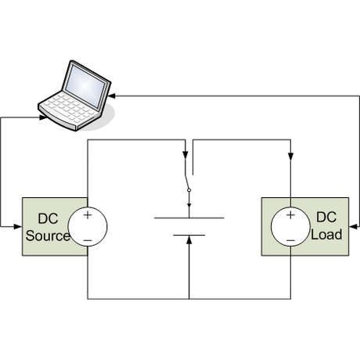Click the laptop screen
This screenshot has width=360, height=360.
pyautogui.click(x=85, y=85)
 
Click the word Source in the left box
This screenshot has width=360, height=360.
pyautogui.click(x=48, y=236)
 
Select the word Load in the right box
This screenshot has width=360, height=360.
pyautogui.click(x=326, y=234)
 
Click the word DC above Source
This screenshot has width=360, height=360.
pyautogui.click(x=48, y=218)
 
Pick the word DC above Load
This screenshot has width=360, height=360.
pyautogui.click(x=326, y=217)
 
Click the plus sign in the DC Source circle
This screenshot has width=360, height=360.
pyautogui.click(x=88, y=215)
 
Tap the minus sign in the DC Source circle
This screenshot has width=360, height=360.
pyautogui.click(x=88, y=240)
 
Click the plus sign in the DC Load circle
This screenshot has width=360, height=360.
pyautogui.click(x=290, y=215)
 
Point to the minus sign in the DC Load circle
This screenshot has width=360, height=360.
pyautogui.click(x=290, y=240)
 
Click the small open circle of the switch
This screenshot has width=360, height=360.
pyautogui.click(x=189, y=190)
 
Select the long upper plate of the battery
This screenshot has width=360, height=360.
pyautogui.click(x=189, y=218)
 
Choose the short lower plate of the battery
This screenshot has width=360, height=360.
pyautogui.click(x=189, y=235)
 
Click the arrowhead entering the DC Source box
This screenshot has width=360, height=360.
pyautogui.click(x=18, y=226)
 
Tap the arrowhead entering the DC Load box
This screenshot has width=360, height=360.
pyautogui.click(x=353, y=226)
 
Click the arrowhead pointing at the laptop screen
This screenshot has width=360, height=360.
pyautogui.click(x=112, y=96)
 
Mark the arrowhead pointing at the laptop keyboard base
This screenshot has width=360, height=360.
pyautogui.click(x=43, y=117)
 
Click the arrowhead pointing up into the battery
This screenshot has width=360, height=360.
pyautogui.click(x=189, y=240)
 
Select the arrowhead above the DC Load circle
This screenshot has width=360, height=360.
pyautogui.click(x=290, y=157)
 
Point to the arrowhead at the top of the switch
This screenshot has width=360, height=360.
pyautogui.click(x=185, y=155)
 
